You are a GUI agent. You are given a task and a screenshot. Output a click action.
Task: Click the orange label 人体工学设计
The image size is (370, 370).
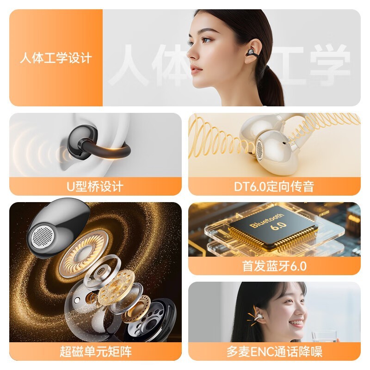56,58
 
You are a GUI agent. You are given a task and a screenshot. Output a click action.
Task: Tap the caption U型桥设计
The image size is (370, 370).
95,186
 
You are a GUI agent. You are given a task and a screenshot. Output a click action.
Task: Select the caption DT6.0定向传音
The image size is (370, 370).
274,186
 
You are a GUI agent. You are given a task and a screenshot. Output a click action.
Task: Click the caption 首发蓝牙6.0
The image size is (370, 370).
274,266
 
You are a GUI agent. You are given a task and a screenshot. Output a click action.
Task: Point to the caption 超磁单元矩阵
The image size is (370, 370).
95,351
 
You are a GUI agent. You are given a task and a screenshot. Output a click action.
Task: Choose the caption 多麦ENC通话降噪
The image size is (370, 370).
274,351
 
